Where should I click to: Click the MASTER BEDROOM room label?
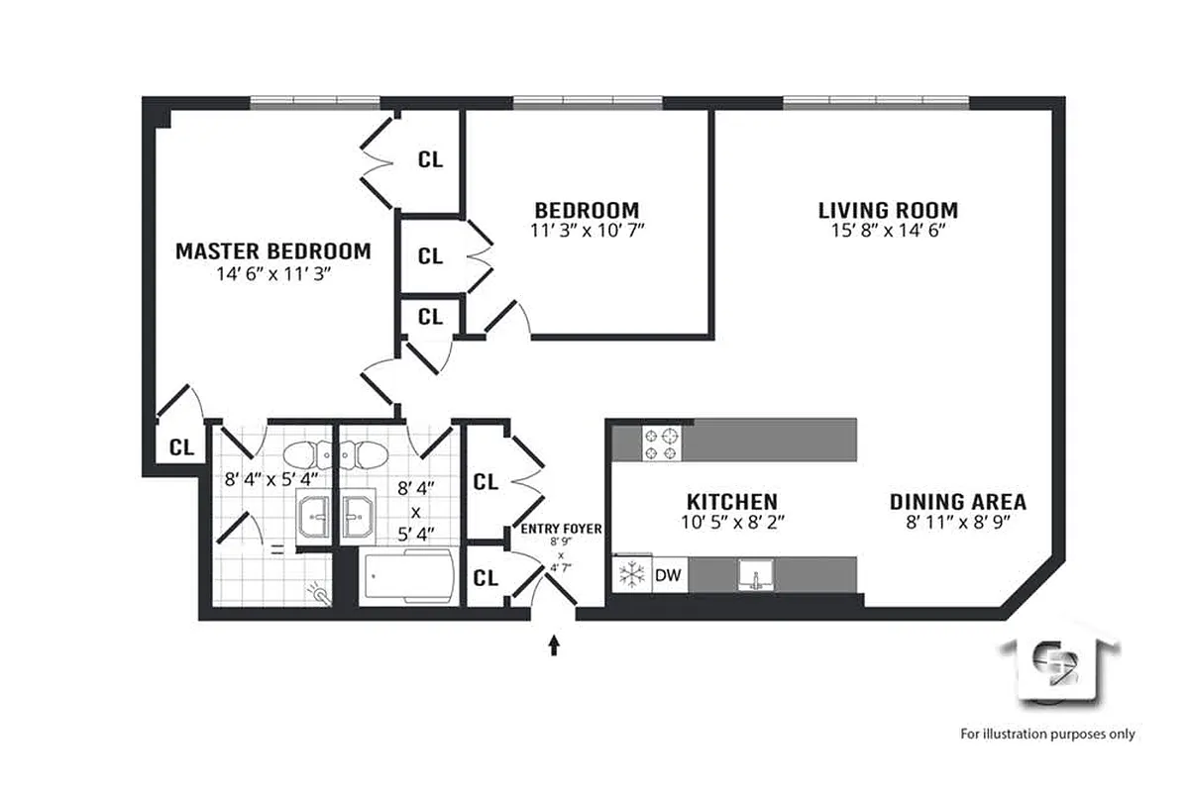pos(272,251)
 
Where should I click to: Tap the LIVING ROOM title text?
pos(888,210)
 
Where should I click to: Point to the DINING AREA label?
pos(957,501)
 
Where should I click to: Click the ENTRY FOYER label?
pos(562,530)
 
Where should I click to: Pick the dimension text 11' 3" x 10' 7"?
pos(587,231)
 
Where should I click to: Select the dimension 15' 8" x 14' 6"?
pos(888,231)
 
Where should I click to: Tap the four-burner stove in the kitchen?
pos(662,443)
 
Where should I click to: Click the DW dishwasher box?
pos(669,574)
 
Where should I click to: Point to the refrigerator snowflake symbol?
pos(630,574)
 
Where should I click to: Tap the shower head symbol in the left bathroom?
pos(317,592)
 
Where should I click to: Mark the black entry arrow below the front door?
pos(554,645)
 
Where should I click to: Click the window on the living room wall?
pos(876,101)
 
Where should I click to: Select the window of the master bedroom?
pos(314,101)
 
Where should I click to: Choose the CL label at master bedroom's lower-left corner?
pos(180,446)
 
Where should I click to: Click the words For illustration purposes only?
pos(1047,734)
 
